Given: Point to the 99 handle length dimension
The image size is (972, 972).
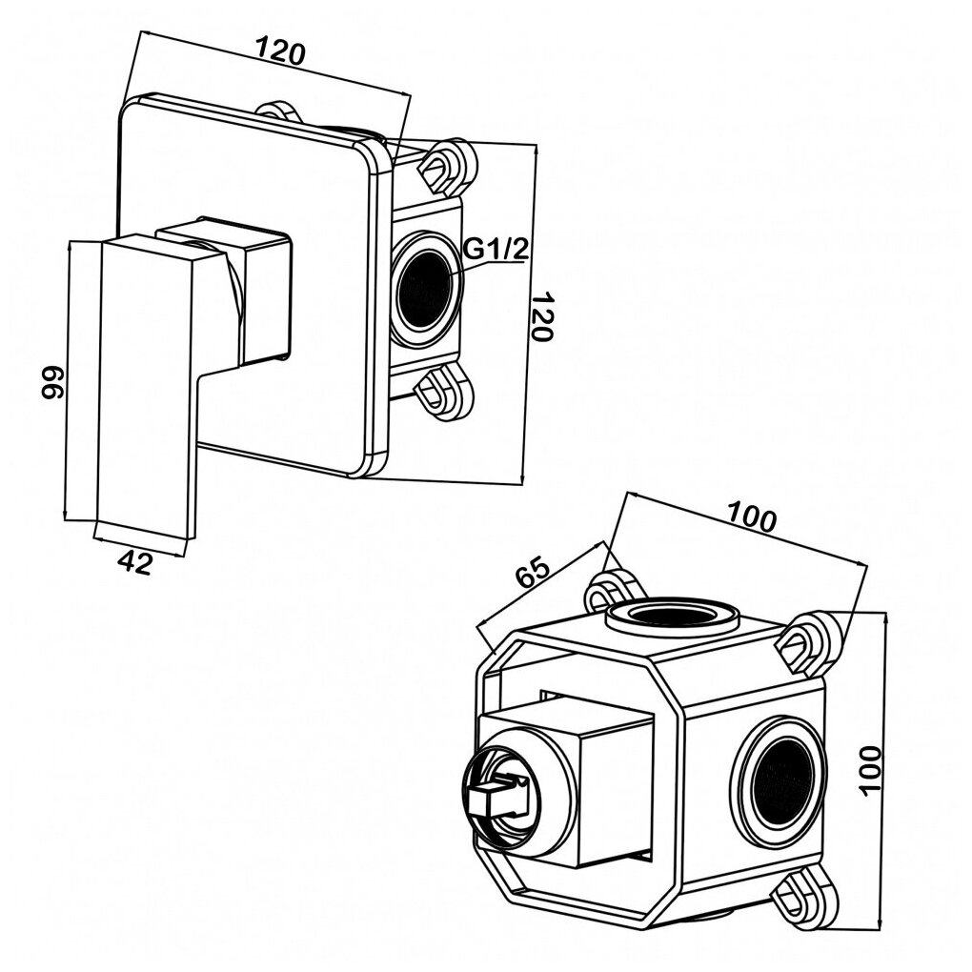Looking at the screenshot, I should coord(53,384).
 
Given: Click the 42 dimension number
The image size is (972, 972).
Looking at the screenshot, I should coord(137,563).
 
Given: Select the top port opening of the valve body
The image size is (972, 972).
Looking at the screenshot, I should coord(672,614).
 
